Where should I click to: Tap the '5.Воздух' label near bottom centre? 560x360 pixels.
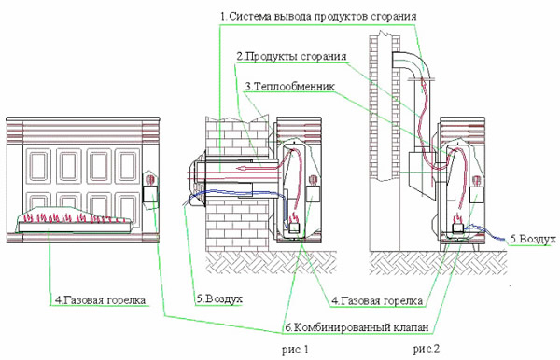tap(219, 299)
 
